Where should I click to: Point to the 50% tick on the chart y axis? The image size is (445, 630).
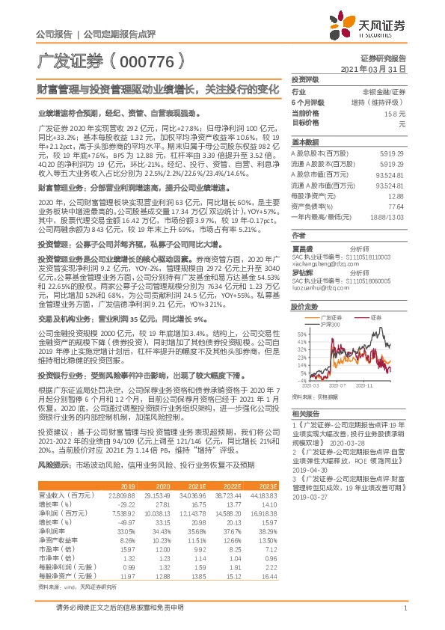click(300, 332)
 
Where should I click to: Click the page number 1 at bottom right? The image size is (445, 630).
click(405, 616)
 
